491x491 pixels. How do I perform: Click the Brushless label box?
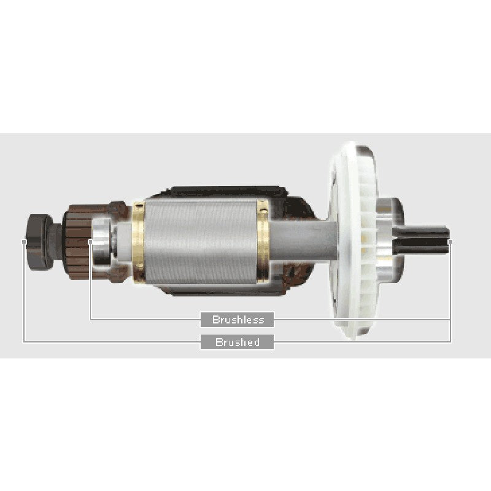[238, 319]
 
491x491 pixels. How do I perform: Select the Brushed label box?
[238, 342]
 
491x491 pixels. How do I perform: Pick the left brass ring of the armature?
[139, 241]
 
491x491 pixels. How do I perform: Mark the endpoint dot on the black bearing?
[24, 242]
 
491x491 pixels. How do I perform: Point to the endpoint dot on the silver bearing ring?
[90, 242]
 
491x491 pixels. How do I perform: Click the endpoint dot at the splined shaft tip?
[450, 242]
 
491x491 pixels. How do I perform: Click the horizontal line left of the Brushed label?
[110, 341]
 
